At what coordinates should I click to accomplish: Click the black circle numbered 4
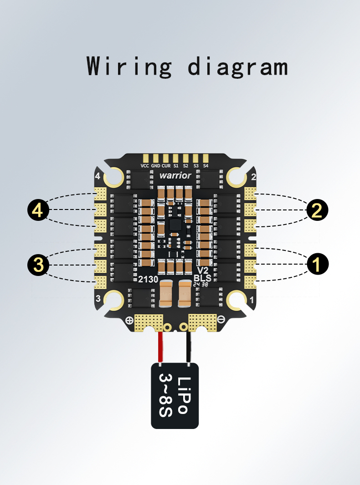pyautogui.click(x=38, y=210)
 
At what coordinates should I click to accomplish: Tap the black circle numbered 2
pyautogui.click(x=317, y=210)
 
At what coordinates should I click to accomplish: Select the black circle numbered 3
pyautogui.click(x=38, y=265)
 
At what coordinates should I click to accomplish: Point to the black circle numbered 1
pyautogui.click(x=317, y=264)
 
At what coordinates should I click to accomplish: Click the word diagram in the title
pyautogui.click(x=238, y=66)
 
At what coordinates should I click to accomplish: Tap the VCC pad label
pyautogui.click(x=145, y=166)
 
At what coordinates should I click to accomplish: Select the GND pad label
pyautogui.click(x=155, y=166)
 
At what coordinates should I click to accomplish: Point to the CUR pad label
pyautogui.click(x=166, y=166)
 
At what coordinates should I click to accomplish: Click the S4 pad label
pyautogui.click(x=206, y=166)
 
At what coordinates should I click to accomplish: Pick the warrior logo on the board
pyautogui.click(x=175, y=176)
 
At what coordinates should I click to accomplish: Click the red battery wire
pyautogui.click(x=160, y=347)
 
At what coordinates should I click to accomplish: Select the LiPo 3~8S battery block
pyautogui.click(x=175, y=396)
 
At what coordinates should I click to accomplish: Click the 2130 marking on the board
pyautogui.click(x=148, y=279)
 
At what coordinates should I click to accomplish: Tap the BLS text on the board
pyautogui.click(x=202, y=277)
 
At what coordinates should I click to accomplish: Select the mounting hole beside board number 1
pyautogui.click(x=237, y=300)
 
